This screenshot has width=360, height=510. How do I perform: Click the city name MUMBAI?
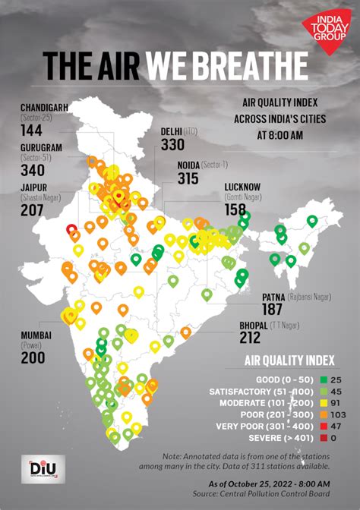(x=36, y=335)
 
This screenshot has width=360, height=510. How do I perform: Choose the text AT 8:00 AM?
(x=281, y=135)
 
